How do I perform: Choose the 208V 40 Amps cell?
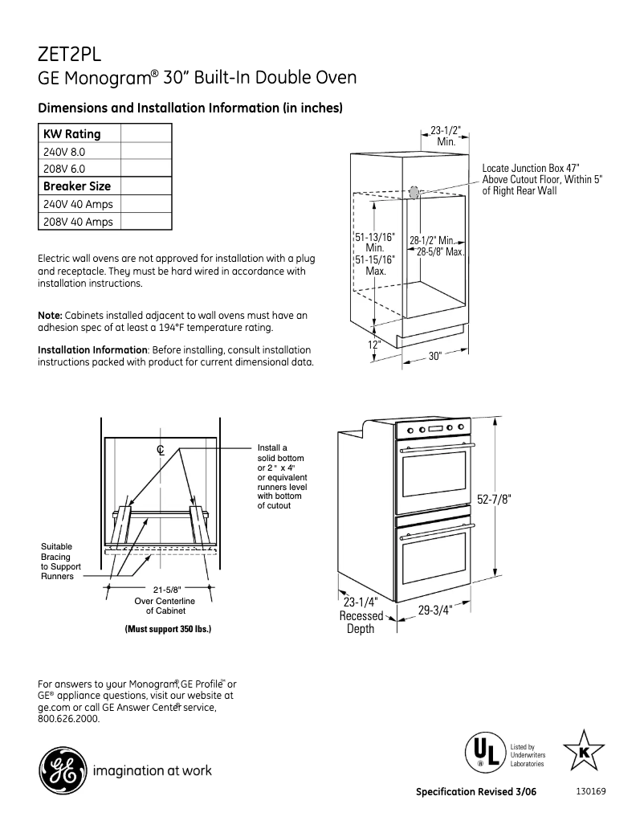(x=78, y=222)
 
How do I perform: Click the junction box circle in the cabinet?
(x=414, y=193)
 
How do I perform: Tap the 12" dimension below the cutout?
(x=374, y=345)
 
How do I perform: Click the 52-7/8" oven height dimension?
(x=494, y=499)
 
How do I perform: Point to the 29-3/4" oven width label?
(x=435, y=610)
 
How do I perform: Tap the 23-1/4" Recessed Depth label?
(x=361, y=615)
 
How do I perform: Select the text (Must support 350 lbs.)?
(x=168, y=629)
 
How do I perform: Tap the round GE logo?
(x=61, y=771)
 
